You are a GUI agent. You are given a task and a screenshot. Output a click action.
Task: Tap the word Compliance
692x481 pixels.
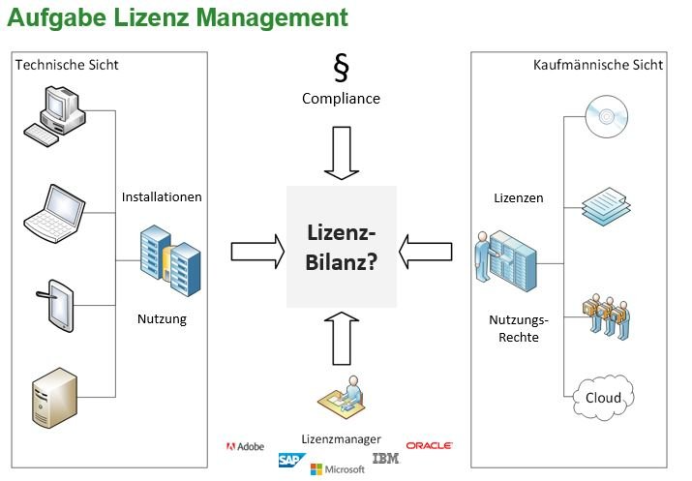coord(341,99)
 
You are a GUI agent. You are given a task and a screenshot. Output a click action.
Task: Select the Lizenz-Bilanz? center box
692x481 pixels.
coord(341,247)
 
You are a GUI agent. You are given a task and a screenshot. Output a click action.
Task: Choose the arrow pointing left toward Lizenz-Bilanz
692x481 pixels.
coord(427,252)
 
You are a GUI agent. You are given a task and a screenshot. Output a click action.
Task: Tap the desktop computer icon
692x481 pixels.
coord(56,116)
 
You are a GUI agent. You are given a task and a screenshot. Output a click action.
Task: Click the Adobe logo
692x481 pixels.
coord(245,446)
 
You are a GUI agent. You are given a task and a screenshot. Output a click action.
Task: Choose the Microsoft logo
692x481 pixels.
coord(337,469)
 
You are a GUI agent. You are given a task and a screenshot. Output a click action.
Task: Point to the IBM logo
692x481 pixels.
coord(385,458)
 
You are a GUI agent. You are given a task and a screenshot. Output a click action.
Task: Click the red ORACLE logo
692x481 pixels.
coord(430,445)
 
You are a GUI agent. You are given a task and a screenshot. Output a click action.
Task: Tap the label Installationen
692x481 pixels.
coord(162,196)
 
